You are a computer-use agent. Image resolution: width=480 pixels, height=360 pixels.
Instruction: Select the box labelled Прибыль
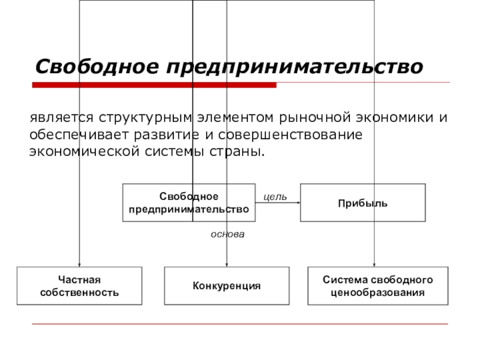pyautogui.click(x=362, y=203)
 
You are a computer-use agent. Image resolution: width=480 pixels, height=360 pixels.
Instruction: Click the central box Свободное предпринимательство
pyautogui.click(x=188, y=203)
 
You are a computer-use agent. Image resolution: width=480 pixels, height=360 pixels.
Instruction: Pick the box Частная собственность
pyautogui.click(x=79, y=286)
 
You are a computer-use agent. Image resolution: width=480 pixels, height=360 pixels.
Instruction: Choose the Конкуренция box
pyautogui.click(x=227, y=286)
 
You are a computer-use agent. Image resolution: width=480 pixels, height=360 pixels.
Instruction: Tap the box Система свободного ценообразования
pyautogui.click(x=377, y=286)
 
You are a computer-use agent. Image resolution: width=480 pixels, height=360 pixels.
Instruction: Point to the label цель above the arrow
pyautogui.click(x=275, y=196)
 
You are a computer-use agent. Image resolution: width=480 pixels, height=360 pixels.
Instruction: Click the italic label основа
pyautogui.click(x=227, y=234)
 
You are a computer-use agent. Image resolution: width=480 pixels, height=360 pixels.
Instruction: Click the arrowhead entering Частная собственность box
pyautogui.click(x=79, y=264)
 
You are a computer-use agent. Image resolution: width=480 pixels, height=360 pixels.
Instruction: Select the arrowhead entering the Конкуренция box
pyautogui.click(x=227, y=264)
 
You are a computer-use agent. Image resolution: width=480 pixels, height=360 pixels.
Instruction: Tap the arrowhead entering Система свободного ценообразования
pyautogui.click(x=374, y=264)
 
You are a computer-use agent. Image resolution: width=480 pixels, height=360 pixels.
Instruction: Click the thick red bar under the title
pyautogui.click(x=154, y=85)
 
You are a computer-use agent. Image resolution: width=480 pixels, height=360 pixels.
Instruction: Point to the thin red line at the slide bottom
pyautogui.click(x=240, y=324)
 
